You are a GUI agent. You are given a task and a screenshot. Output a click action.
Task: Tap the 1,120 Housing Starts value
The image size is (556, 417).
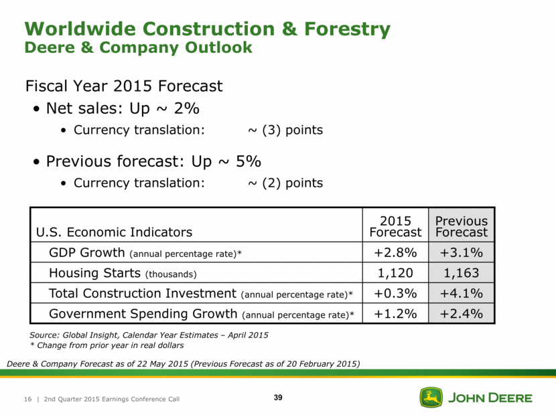coord(395,274)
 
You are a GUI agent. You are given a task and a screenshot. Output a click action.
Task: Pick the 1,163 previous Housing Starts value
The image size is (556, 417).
coord(461,274)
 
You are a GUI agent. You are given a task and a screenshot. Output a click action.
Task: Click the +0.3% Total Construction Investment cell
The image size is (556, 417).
coord(395,293)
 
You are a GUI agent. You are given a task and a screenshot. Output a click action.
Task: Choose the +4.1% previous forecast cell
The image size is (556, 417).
coord(461,293)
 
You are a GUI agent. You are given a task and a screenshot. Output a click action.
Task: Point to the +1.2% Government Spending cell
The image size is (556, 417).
coord(395,313)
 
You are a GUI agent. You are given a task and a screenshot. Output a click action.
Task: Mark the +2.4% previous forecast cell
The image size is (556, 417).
coord(461,313)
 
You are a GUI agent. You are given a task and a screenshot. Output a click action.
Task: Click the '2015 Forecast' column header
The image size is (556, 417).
coord(395,226)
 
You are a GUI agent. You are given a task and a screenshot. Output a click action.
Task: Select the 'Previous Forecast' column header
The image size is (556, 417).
coord(461,226)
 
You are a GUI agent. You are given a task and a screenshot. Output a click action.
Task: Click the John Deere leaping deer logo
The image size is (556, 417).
coord(431,397)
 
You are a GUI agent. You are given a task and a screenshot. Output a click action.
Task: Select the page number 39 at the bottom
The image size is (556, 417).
coord(278,398)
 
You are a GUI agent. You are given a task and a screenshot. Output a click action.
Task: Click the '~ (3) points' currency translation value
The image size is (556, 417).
coord(285,130)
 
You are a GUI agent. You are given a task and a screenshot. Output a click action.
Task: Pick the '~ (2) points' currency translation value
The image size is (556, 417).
coord(285,183)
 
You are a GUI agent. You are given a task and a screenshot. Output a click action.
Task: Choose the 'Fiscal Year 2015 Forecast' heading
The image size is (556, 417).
coord(123,86)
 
